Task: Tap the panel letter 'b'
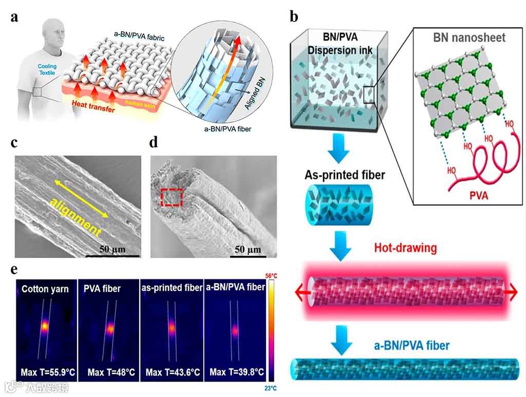coord(294,16)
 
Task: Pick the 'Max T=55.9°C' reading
coord(46,372)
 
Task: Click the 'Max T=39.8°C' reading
coord(235,372)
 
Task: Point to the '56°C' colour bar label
coord(272,276)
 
